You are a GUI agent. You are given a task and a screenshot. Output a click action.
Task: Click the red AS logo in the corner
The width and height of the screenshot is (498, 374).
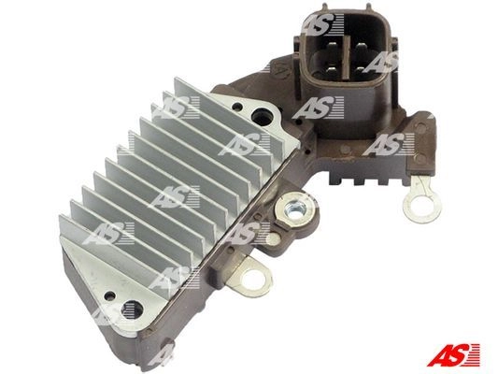(453, 354)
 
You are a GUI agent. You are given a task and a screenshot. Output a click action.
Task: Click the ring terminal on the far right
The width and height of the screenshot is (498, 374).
(421, 204)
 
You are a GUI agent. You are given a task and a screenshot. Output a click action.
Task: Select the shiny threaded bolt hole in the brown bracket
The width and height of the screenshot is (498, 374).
(295, 210)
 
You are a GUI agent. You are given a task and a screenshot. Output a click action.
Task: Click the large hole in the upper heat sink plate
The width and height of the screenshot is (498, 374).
(262, 117)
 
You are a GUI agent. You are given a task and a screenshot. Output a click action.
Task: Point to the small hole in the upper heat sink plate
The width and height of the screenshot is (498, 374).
(235, 106)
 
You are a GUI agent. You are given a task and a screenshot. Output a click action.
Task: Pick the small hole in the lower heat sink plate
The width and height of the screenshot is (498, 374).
(109, 296)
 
